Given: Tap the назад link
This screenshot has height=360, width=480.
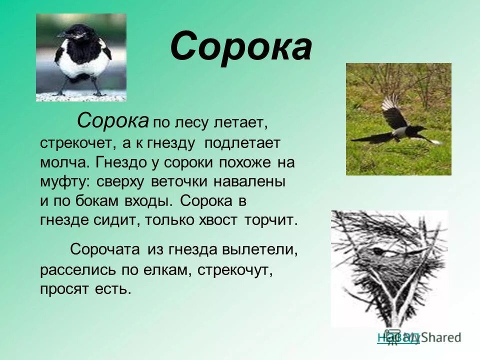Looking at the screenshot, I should (398, 337).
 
